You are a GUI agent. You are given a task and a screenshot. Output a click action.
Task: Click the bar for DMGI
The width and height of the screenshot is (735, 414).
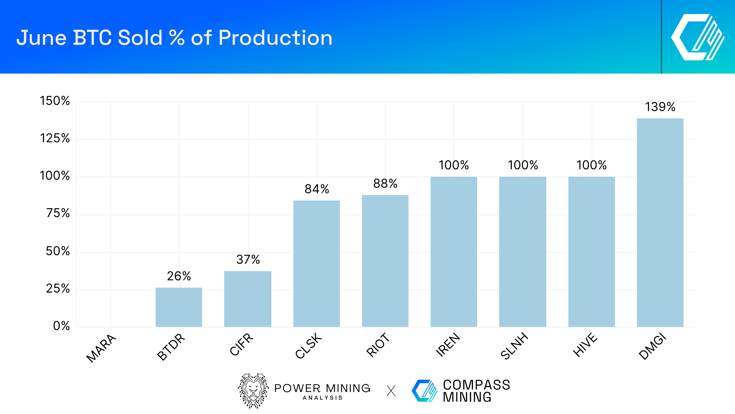(x=660, y=222)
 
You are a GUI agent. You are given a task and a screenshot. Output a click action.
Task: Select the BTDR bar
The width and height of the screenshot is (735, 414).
(x=179, y=307)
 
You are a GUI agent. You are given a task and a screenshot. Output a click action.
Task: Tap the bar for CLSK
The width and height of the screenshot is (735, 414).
(x=317, y=264)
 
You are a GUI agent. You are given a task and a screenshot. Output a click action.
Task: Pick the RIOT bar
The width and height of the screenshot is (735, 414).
(x=385, y=261)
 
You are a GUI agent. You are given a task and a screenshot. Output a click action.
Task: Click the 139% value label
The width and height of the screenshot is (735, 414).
(x=660, y=107)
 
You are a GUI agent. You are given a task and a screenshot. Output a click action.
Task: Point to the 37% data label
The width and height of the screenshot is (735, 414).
(x=248, y=260)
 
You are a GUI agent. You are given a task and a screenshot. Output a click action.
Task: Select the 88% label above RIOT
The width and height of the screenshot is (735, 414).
(x=385, y=184)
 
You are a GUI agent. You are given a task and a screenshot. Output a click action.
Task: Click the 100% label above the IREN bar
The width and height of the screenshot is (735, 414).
(x=454, y=165)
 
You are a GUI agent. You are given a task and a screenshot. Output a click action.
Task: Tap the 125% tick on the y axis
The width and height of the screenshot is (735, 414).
(x=55, y=139)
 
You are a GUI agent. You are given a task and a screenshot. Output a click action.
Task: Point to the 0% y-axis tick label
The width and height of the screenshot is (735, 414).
(x=61, y=326)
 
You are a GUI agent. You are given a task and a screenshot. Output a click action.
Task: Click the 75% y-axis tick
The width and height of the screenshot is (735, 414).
(x=58, y=213)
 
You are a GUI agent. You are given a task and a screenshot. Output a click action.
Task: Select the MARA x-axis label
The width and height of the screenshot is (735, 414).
(x=101, y=348)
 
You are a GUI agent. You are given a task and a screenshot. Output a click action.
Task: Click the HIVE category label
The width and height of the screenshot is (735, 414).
(x=585, y=345)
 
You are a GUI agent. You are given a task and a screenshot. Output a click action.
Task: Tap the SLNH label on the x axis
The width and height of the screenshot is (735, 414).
(x=514, y=346)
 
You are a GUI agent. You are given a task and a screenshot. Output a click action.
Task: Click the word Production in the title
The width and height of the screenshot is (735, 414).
(x=275, y=38)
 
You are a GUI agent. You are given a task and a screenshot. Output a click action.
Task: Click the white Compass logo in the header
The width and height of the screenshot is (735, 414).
(x=698, y=37)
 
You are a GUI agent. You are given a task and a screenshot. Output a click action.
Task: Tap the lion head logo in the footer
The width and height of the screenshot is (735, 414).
(x=253, y=391)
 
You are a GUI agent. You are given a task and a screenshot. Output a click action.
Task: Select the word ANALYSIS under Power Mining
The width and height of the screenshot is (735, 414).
(x=322, y=398)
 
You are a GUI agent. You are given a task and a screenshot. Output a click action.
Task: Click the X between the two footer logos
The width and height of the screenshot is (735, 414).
(x=391, y=391)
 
